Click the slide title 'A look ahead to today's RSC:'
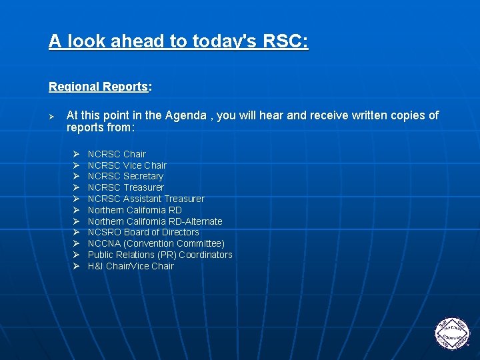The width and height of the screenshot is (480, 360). [x=178, y=41]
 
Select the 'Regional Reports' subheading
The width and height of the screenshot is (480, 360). [x=98, y=87]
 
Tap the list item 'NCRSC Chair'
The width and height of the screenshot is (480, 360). [x=117, y=154]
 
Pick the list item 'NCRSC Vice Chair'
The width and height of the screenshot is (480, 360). [x=127, y=165]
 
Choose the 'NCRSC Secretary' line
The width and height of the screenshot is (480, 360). [x=125, y=177]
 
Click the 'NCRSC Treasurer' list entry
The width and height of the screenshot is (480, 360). [x=125, y=187]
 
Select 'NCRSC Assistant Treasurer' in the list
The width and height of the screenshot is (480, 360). [x=146, y=199]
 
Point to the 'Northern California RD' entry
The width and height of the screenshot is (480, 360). [x=135, y=210]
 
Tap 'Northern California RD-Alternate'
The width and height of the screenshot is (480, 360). [x=155, y=221]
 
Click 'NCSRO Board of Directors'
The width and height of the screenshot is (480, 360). [x=143, y=232]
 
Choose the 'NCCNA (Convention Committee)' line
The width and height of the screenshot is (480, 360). [x=156, y=243]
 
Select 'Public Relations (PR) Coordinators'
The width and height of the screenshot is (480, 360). [x=160, y=255]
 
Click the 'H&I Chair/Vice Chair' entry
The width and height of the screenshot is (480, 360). [x=131, y=266]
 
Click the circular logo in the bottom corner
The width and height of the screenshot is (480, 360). [x=452, y=331]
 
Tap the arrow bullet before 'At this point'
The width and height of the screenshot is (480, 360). [x=52, y=116]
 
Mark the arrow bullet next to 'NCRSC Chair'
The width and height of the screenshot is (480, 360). [x=76, y=154]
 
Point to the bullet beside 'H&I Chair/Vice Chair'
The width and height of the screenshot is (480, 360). [x=76, y=266]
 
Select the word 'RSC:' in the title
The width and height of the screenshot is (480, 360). [x=285, y=41]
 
